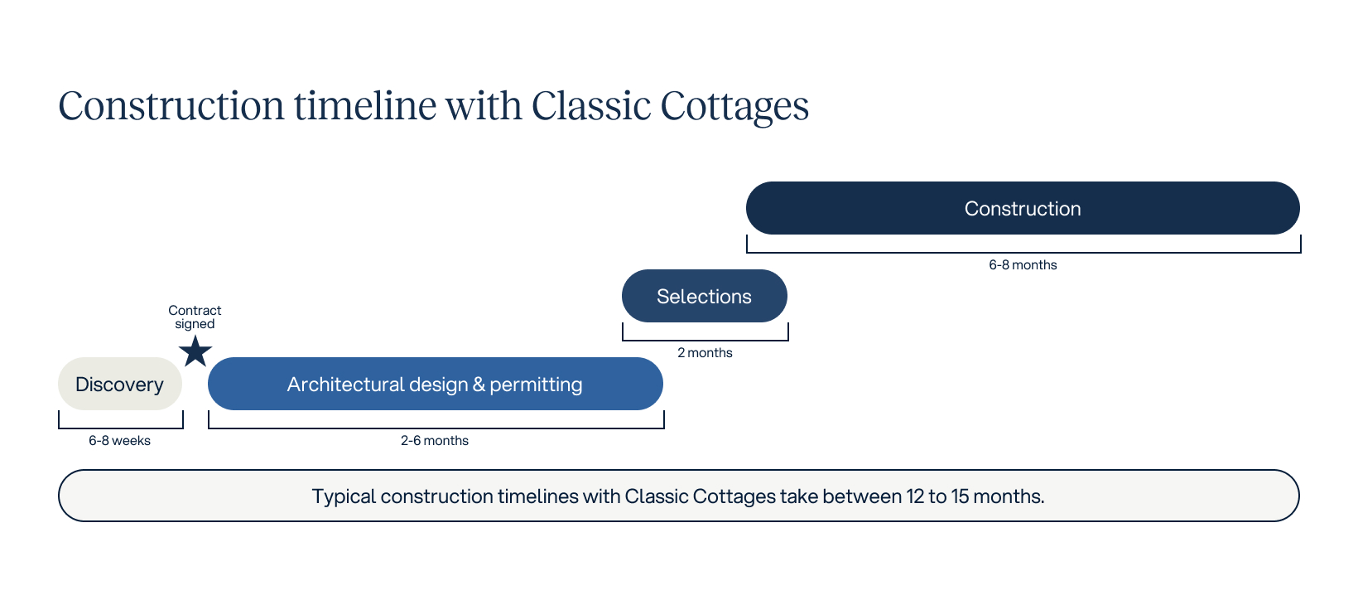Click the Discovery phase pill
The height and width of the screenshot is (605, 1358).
pos(119,384)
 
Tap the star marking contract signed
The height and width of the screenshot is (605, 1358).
pos(195,352)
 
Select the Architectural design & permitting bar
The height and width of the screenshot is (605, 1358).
pos(435,384)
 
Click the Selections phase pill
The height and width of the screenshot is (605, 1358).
pos(704,296)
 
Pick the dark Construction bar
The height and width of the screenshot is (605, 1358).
pos(1022,208)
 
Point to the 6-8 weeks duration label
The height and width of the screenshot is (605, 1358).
pos(119,441)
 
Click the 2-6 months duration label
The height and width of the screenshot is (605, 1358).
pos(435,441)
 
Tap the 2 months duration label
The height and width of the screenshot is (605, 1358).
pos(705,353)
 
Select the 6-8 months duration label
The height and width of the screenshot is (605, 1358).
pos(1023,265)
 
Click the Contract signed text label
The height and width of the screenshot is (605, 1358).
pos(195,317)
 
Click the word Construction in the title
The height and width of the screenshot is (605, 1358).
pos(171,106)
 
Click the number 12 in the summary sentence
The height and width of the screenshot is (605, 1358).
pos(914,496)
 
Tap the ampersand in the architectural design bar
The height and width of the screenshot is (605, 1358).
pos(479,385)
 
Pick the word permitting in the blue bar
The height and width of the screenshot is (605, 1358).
pos(536,385)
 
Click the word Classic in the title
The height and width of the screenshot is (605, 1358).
pos(590,106)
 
